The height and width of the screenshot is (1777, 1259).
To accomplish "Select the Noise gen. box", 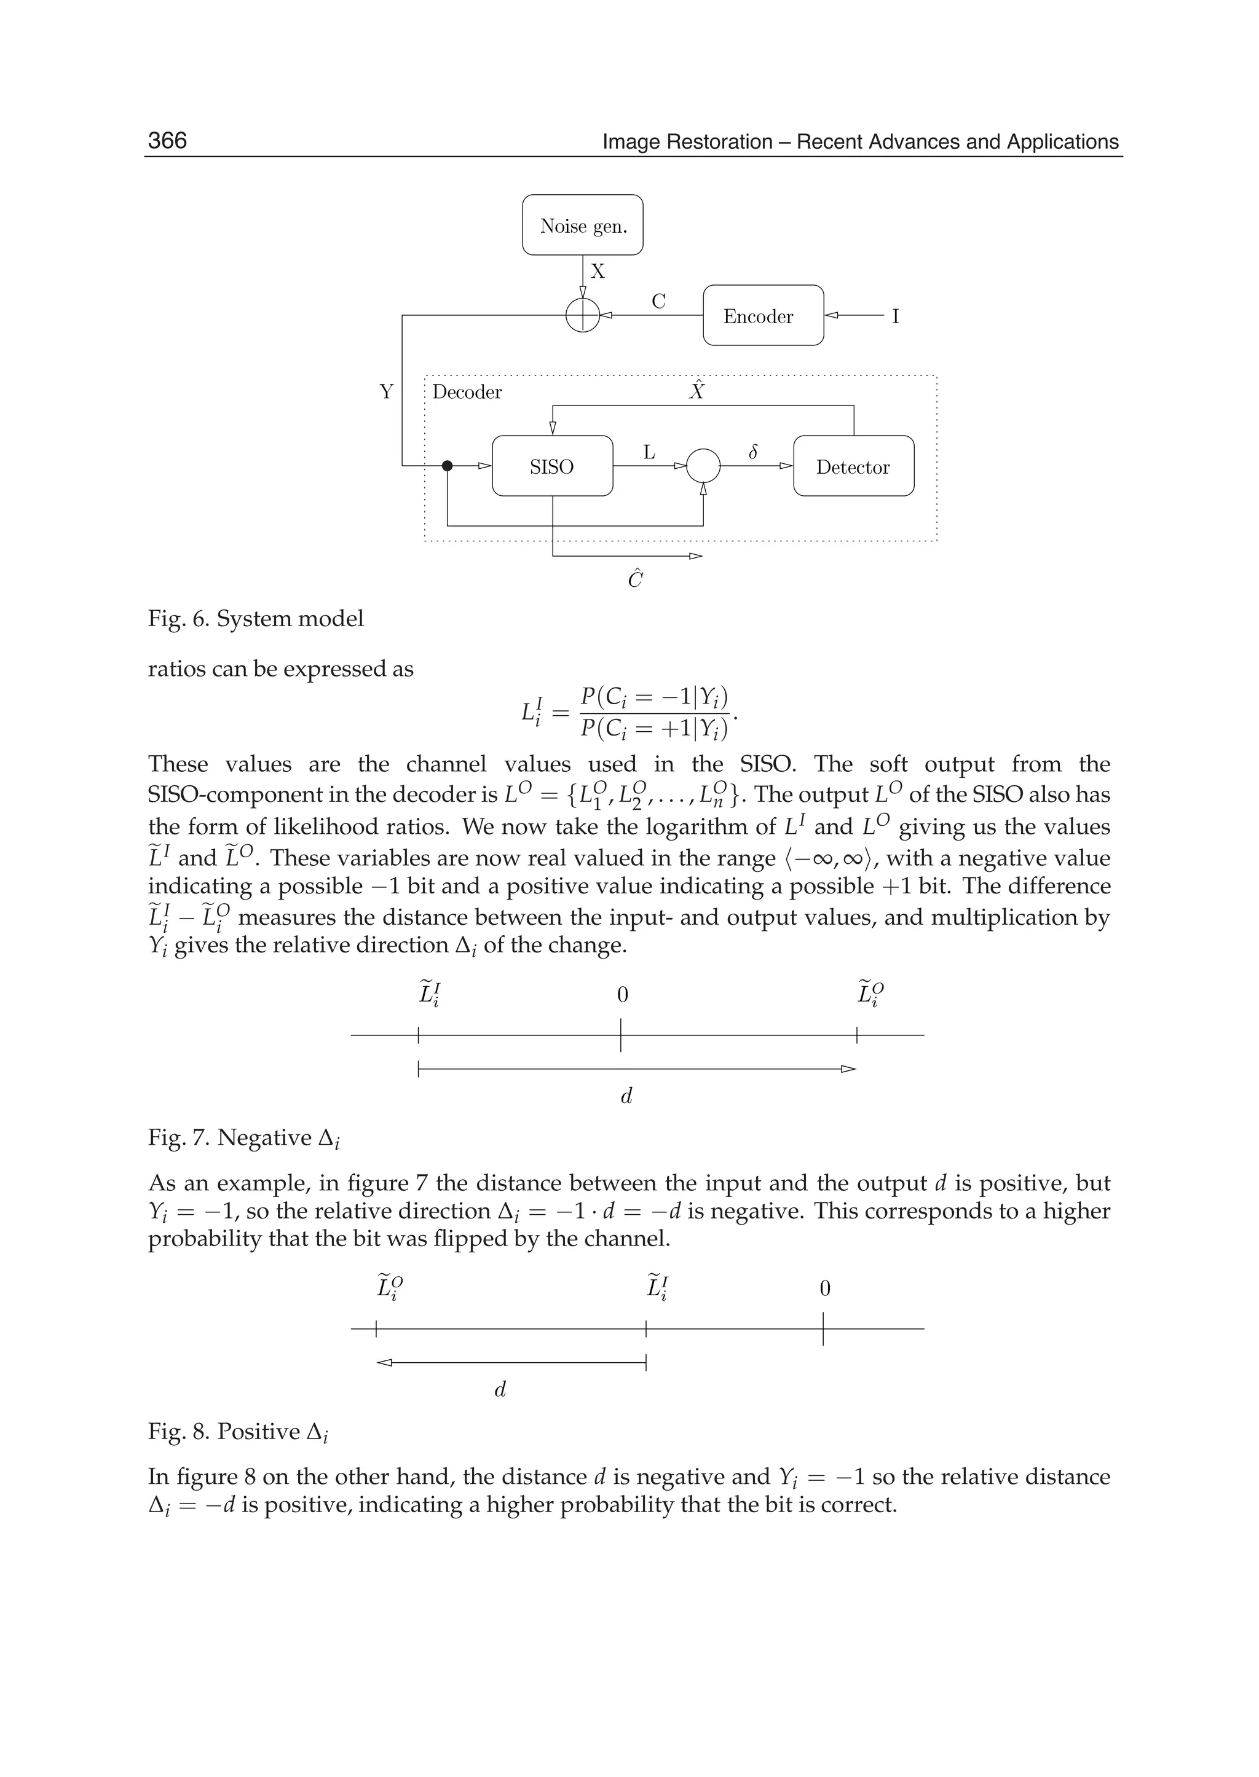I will point(582,226).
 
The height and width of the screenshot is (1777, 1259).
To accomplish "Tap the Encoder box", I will point(763,316).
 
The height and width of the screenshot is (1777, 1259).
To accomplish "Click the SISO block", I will point(552,466).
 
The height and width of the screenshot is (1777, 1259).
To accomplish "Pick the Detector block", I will point(853,466).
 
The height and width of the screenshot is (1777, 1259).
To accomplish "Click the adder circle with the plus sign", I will point(582,315).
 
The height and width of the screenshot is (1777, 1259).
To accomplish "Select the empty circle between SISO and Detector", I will point(703,466).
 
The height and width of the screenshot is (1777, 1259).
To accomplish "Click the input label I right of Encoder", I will point(896,316).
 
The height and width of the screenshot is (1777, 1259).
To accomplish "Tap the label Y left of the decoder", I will point(386,392).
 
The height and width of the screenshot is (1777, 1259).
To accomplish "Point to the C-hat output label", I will point(635,579).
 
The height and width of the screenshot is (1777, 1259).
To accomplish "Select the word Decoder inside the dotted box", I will point(467,392).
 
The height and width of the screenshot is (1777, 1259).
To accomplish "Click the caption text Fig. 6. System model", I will point(256,619).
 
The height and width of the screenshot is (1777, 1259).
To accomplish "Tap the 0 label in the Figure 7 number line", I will point(622,995).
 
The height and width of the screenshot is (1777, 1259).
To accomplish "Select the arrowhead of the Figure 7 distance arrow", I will point(849,1069).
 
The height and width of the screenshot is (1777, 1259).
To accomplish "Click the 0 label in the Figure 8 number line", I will point(825,1288).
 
